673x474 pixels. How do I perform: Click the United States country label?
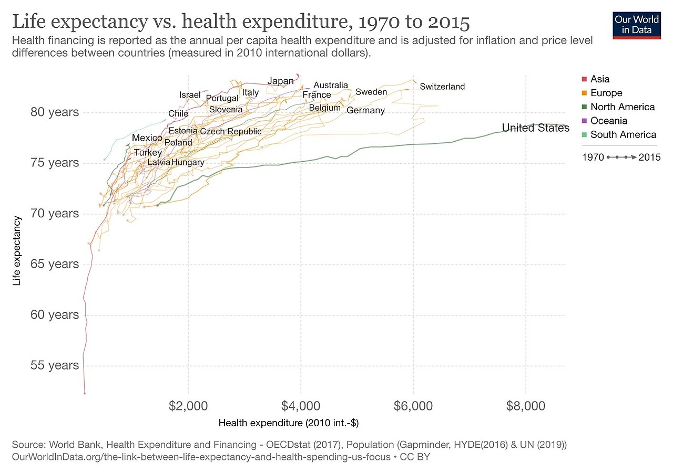pyautogui.click(x=535, y=128)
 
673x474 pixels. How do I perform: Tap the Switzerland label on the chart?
pyautogui.click(x=442, y=86)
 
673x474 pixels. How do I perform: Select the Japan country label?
pyautogui.click(x=280, y=81)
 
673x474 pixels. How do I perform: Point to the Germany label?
pyautogui.click(x=365, y=110)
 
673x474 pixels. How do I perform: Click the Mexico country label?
pyautogui.click(x=147, y=138)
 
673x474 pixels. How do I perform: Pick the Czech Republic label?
pyautogui.click(x=230, y=131)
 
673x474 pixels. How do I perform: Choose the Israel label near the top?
pyautogui.click(x=190, y=94)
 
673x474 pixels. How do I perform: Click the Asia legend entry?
pyautogui.click(x=600, y=79)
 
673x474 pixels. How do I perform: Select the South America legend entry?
pyautogui.click(x=623, y=134)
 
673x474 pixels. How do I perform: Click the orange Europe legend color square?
pyautogui.click(x=584, y=93)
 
